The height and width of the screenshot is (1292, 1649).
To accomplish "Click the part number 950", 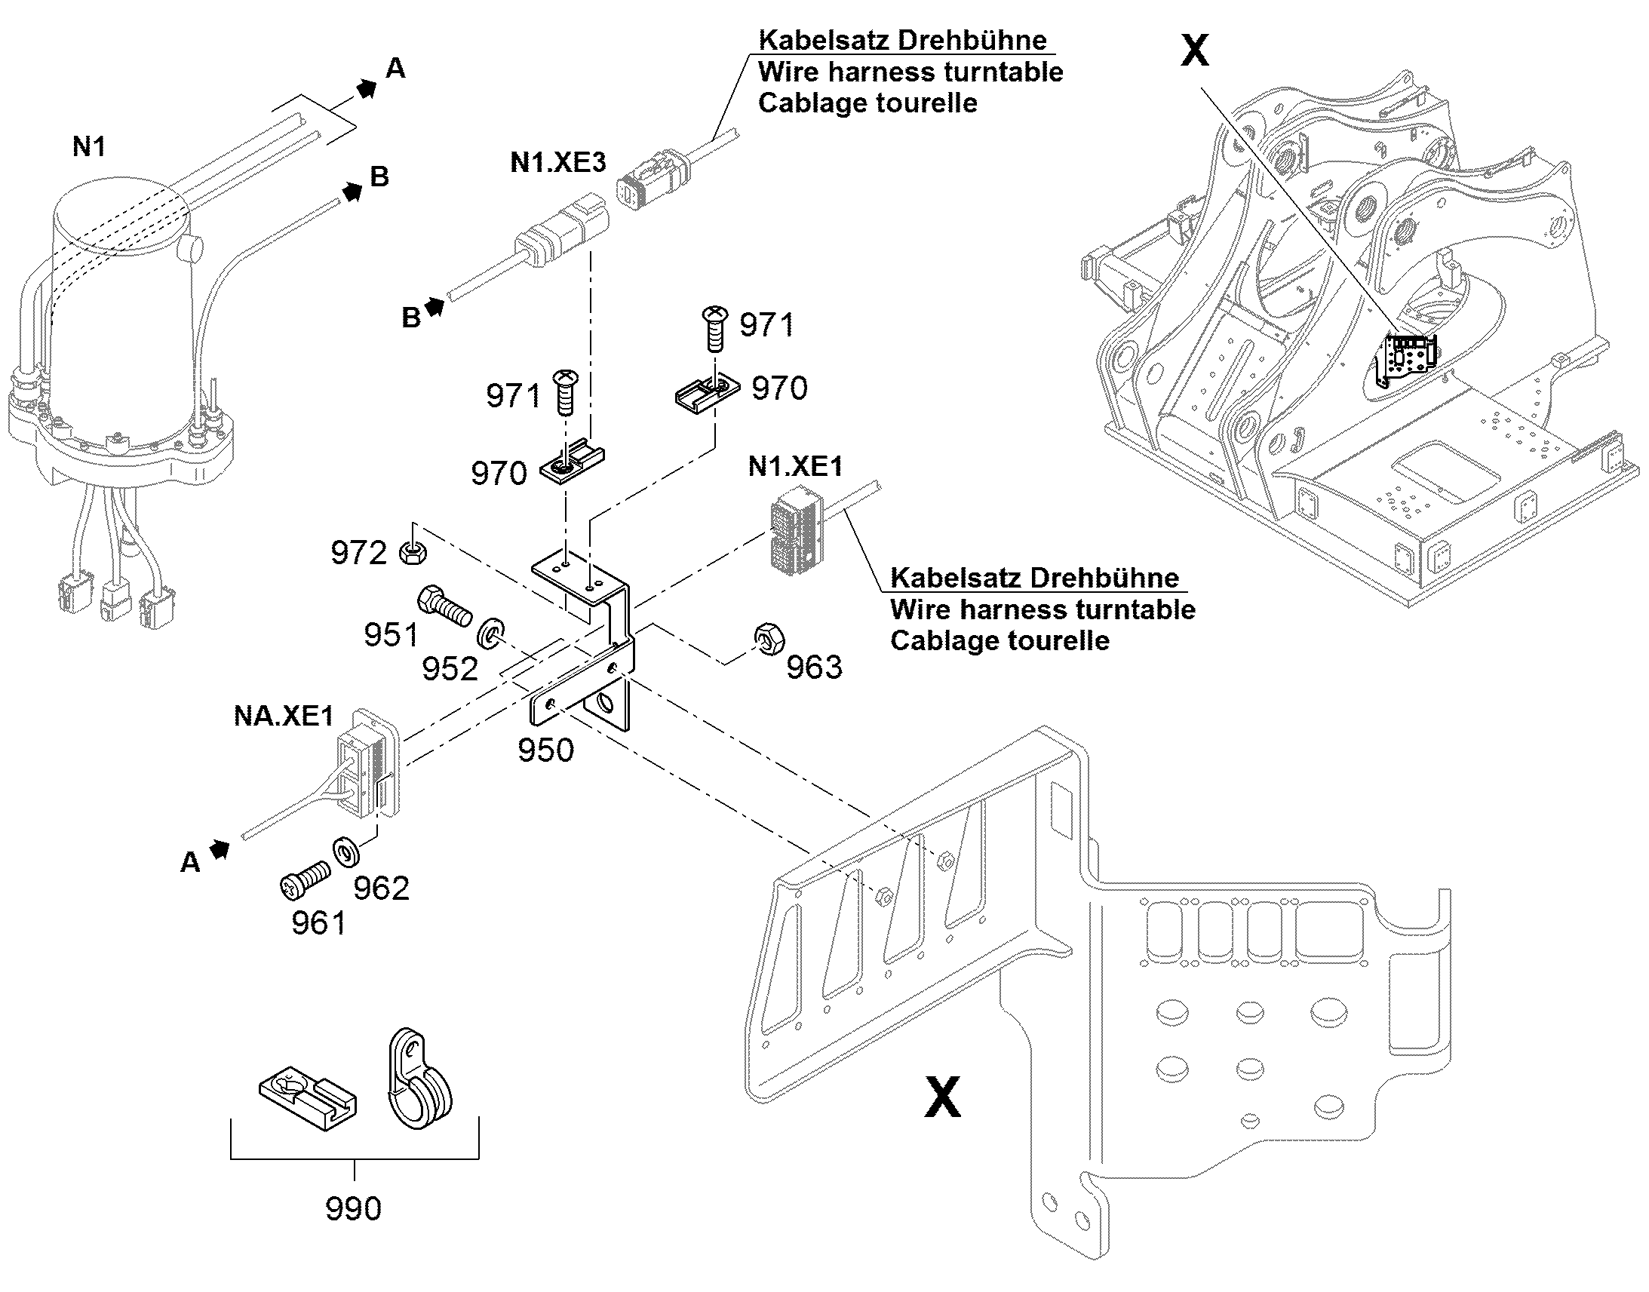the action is point(545,750).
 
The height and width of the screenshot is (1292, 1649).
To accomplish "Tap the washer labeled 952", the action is point(492,632).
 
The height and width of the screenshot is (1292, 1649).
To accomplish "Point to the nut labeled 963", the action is point(769,639).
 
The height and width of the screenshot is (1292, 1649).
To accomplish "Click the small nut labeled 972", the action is point(412,552).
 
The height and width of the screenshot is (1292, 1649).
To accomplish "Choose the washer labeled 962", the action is point(346,852).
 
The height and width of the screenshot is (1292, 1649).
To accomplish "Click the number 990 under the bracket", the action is point(353,1208).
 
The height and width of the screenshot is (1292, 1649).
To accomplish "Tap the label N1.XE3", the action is point(558,162).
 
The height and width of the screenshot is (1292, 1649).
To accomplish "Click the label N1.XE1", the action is point(795,466).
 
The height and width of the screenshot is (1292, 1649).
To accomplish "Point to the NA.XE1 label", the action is point(284,716).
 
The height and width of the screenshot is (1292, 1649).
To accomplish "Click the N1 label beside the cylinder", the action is point(88,147).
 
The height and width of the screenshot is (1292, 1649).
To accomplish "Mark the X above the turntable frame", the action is point(1195,51).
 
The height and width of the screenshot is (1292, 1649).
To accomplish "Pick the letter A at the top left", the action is point(395,69).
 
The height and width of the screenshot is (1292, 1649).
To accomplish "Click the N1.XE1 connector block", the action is point(795,526).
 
